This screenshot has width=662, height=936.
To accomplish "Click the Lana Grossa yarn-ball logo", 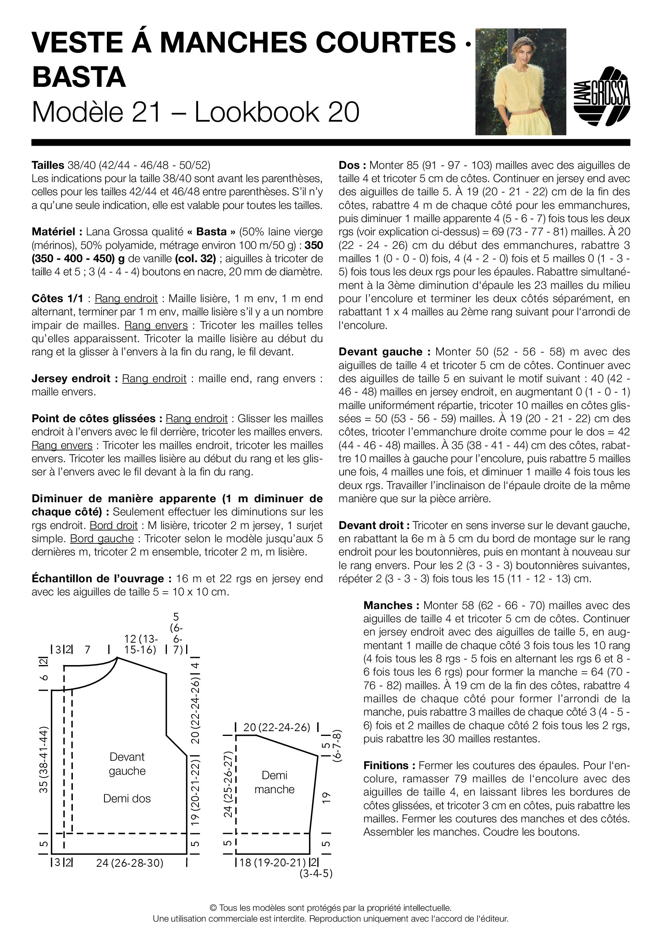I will pyautogui.click(x=602, y=96).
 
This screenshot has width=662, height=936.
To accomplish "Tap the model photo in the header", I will pyautogui.click(x=521, y=82).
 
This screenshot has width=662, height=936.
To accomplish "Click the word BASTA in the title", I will pyautogui.click(x=79, y=77).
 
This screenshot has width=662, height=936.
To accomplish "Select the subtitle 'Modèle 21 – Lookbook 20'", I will pyautogui.click(x=196, y=112).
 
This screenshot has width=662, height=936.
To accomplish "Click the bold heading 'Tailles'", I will pyautogui.click(x=48, y=165).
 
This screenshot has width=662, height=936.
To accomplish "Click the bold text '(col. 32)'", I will pyautogui.click(x=195, y=259).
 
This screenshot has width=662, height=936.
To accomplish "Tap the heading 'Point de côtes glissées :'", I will pyautogui.click(x=97, y=419).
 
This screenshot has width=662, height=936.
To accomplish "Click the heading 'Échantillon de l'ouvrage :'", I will pyautogui.click(x=98, y=579).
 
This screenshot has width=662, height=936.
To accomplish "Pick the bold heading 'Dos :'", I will pyautogui.click(x=352, y=166).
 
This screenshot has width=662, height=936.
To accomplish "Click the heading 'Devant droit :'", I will pyautogui.click(x=374, y=525).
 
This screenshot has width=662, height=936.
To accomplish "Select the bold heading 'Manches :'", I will pyautogui.click(x=391, y=605).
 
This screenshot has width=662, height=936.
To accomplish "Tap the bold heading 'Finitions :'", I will pyautogui.click(x=389, y=766).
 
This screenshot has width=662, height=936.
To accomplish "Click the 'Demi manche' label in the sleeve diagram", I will pyautogui.click(x=274, y=782).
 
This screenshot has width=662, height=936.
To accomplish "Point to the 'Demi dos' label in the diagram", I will pyautogui.click(x=127, y=798).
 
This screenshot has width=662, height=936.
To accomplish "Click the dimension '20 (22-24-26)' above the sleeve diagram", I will pyautogui.click(x=277, y=727).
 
